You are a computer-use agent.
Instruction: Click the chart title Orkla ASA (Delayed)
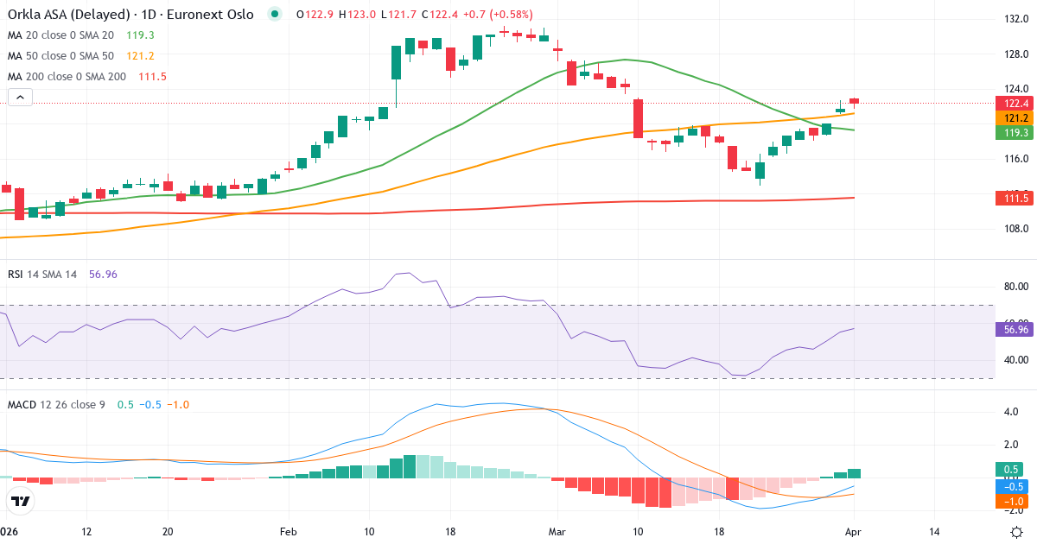60,15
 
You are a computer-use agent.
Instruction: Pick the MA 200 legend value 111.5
152,77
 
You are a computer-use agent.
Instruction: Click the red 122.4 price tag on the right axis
1013,103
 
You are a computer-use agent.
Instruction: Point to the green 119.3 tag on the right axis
1013,132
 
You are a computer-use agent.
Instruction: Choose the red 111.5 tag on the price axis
1013,199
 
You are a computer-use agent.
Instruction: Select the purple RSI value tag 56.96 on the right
1013,329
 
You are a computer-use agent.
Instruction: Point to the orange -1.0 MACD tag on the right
1013,501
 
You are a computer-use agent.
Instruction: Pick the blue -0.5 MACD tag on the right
1013,485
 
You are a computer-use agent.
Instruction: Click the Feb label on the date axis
289,531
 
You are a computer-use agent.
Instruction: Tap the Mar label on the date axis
558,531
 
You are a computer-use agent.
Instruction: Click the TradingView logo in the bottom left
21,501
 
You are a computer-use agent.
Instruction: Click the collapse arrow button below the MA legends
20,98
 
